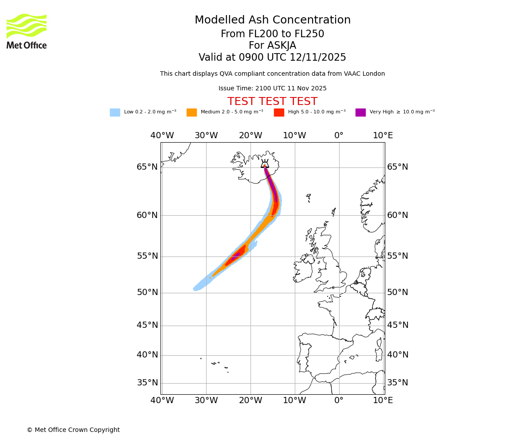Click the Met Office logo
click(x=27, y=31)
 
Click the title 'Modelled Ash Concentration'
click(x=272, y=20)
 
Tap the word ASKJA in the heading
click(x=282, y=46)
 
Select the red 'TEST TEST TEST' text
click(x=272, y=101)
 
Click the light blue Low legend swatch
click(x=115, y=113)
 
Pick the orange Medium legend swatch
click(x=192, y=113)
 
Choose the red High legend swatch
click(x=279, y=113)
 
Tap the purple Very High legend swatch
click(x=360, y=113)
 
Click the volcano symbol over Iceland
click(x=265, y=163)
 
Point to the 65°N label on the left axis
click(x=147, y=167)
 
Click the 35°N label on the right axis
click(x=398, y=383)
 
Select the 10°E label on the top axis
click(x=383, y=136)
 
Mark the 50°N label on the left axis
click(x=147, y=292)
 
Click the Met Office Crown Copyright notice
click(x=73, y=430)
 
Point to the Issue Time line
click(x=272, y=88)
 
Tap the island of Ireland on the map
click(x=303, y=269)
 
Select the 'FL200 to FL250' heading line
click(x=272, y=34)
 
